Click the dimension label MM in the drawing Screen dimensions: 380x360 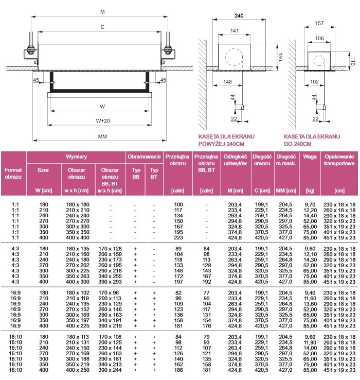coord(102,136)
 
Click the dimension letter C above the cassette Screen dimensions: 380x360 coord(102,27)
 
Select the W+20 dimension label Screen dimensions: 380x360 coord(102,120)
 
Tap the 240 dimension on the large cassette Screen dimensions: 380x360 coord(239,16)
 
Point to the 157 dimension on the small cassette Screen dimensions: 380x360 coord(319,24)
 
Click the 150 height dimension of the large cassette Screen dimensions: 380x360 coord(281,57)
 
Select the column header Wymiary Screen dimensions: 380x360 coord(76,156)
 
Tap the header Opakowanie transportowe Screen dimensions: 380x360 coord(339,160)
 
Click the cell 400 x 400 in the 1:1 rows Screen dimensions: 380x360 coord(77,238)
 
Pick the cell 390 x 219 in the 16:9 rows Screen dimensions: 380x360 coord(110,325)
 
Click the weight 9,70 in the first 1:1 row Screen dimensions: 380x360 coord(310,204)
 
